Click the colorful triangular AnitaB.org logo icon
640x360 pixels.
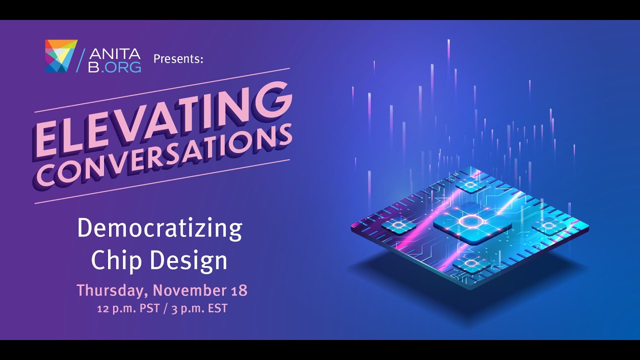click(x=61, y=56)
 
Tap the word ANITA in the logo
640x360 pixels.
click(x=114, y=53)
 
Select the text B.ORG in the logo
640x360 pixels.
click(x=114, y=67)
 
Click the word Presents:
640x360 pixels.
click(x=178, y=59)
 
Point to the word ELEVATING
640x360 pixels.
click(x=163, y=121)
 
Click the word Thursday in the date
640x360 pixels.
click(x=113, y=290)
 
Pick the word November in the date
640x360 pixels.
click(x=189, y=290)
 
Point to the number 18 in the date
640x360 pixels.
click(x=238, y=290)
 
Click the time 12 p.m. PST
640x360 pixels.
click(x=128, y=309)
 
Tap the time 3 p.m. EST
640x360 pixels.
click(x=199, y=309)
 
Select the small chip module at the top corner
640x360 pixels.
click(x=470, y=184)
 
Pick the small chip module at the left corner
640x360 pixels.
click(x=398, y=225)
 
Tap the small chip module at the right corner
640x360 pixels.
click(x=549, y=226)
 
